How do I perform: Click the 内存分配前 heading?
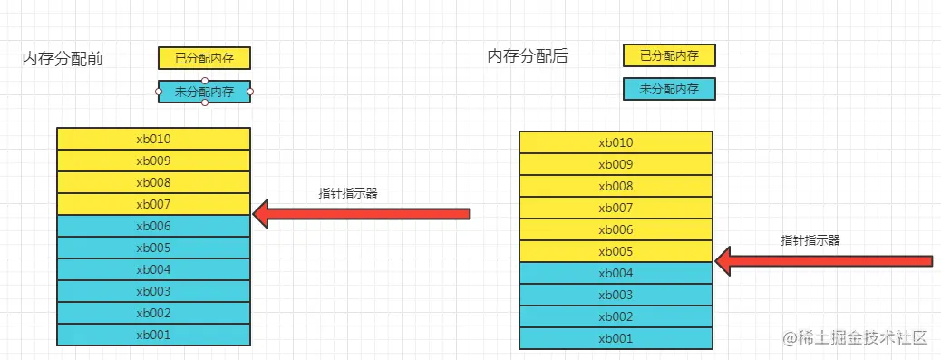[x=63, y=60]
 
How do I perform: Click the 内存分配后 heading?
[x=528, y=56]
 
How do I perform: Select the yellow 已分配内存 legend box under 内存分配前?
[x=204, y=58]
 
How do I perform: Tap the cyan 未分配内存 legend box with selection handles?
[x=204, y=92]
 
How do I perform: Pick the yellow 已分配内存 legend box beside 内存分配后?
[x=669, y=55]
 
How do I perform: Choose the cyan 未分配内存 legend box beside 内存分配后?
[x=669, y=89]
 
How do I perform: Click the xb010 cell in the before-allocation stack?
[x=153, y=139]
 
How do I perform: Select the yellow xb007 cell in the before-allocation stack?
[x=153, y=204]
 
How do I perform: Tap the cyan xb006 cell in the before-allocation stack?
[x=153, y=226]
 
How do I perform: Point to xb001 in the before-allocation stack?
[x=153, y=335]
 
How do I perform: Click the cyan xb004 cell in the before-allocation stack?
[x=153, y=269]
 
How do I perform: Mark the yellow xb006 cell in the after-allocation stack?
[x=616, y=229]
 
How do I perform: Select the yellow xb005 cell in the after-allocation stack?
[x=616, y=251]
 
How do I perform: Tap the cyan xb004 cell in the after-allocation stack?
[x=616, y=273]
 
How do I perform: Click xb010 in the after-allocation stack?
[x=616, y=142]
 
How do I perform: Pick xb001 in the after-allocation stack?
[x=616, y=338]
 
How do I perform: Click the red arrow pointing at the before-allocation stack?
[x=363, y=214]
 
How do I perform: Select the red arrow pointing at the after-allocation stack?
[x=825, y=261]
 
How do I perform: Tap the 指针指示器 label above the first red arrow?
[x=347, y=193]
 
